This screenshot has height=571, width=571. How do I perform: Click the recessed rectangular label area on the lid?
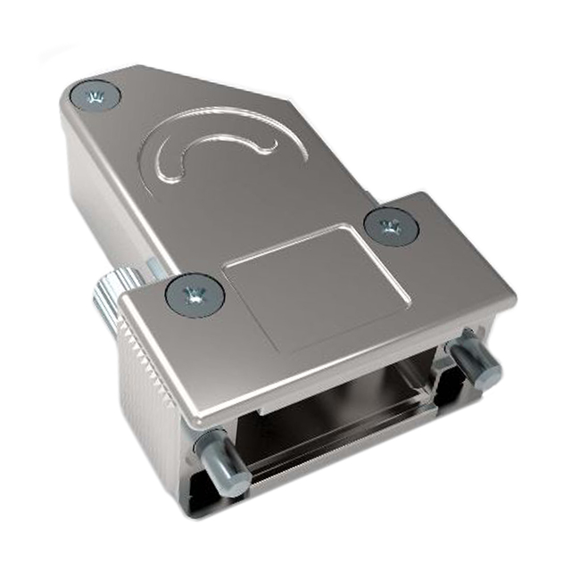click(318, 285)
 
